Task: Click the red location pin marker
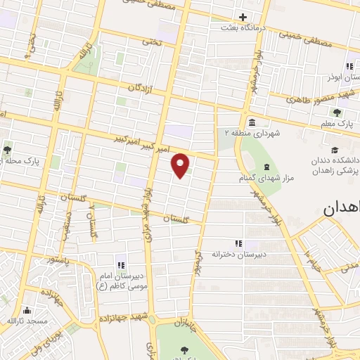point(181,165)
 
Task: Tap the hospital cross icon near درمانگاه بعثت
point(243,17)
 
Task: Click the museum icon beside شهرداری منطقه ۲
point(252,121)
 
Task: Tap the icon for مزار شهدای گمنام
point(266,166)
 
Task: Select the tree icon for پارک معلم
point(337,112)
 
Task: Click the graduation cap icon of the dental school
point(335,150)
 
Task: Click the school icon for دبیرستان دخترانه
point(238,243)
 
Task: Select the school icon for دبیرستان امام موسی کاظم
point(121,264)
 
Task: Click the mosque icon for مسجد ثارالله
point(27,310)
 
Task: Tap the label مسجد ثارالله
point(26,321)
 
